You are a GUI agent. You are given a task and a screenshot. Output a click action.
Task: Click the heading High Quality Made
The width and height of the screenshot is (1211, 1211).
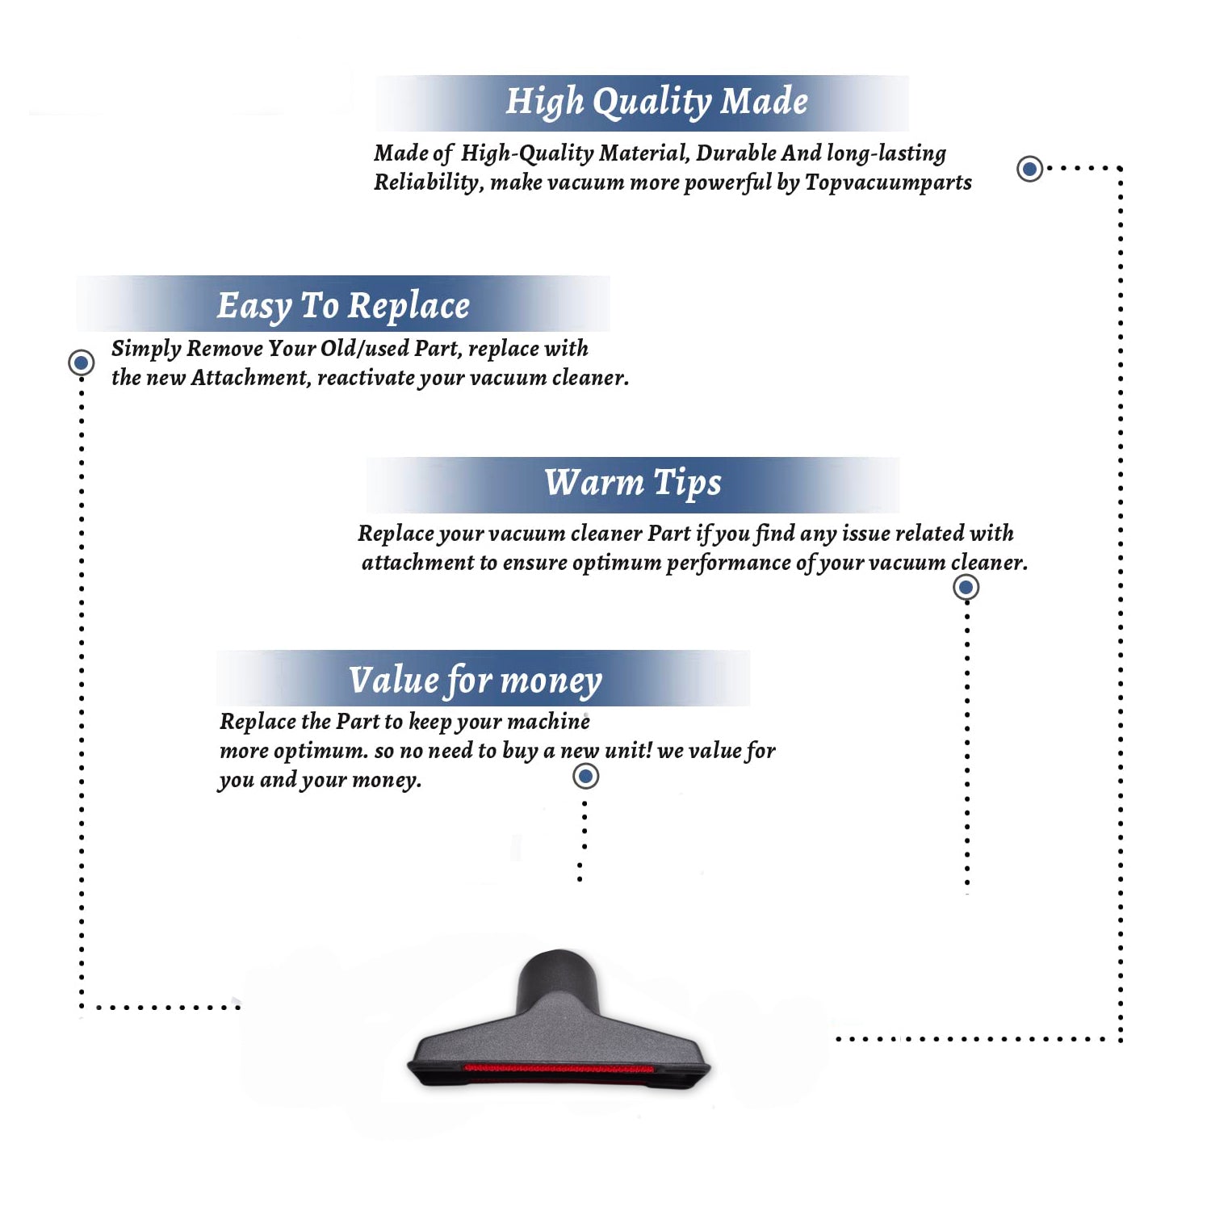(656, 103)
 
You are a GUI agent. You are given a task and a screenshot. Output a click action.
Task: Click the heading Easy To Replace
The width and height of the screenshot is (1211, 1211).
(343, 307)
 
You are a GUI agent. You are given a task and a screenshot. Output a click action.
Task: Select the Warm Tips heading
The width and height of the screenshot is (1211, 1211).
(632, 484)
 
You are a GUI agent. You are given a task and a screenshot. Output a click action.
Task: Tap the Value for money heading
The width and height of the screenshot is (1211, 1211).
(475, 681)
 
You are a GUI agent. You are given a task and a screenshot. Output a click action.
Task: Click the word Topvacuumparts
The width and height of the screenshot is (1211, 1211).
(888, 183)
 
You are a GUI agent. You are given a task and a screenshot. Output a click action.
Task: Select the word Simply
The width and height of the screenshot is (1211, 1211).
(146, 350)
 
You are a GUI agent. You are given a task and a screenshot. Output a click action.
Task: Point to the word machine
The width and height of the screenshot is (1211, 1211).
(547, 722)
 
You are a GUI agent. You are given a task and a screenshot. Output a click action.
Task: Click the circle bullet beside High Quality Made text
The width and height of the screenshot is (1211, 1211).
(1029, 169)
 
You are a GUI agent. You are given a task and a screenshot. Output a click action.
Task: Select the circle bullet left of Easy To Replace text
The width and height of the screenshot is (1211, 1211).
(81, 362)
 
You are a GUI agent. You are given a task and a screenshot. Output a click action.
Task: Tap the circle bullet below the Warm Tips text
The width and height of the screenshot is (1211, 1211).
(966, 587)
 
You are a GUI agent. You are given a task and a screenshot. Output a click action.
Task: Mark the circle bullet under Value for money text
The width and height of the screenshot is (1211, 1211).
(585, 777)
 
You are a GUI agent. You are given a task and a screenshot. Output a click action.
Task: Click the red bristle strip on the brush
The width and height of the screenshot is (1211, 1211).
(559, 1068)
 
